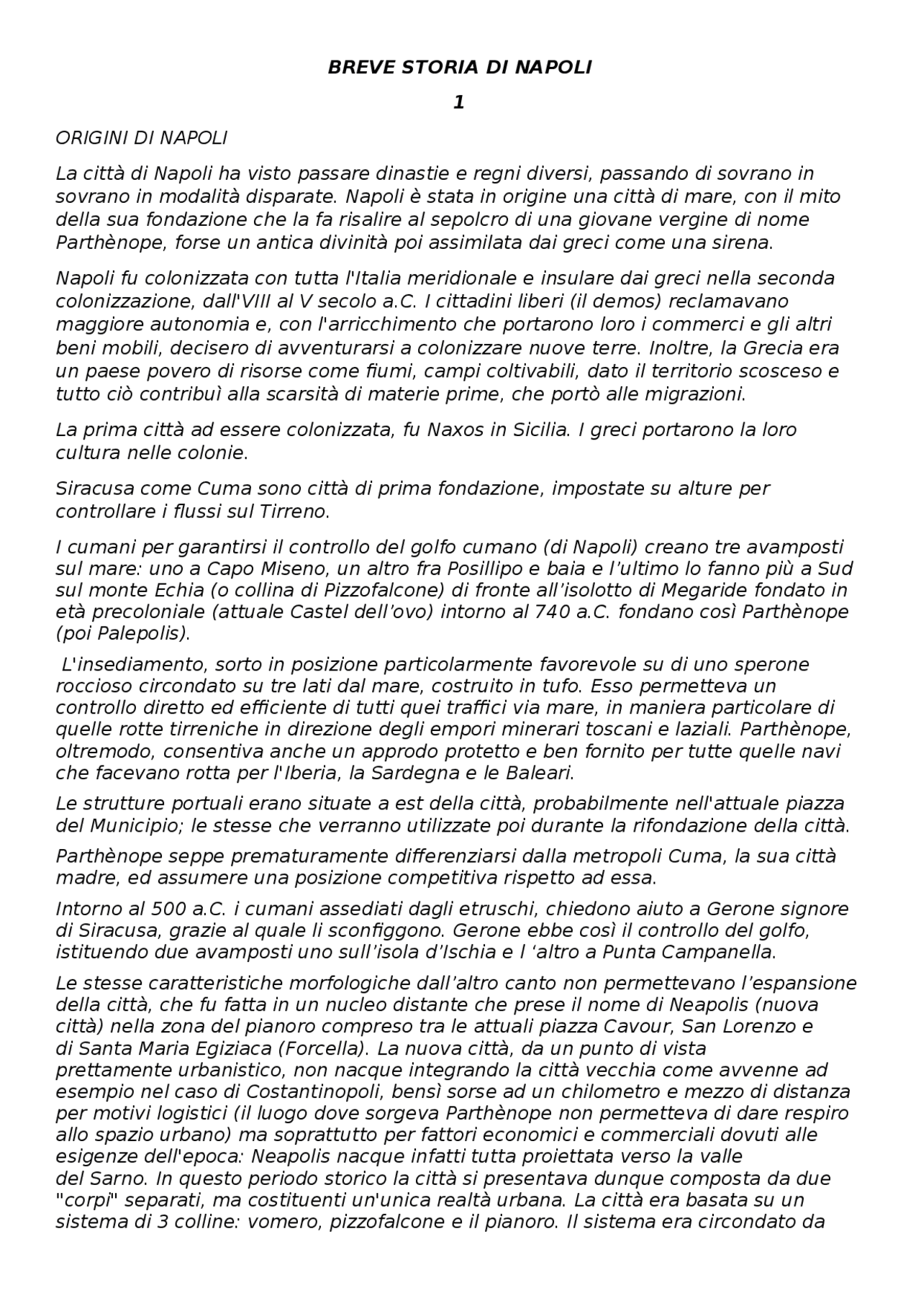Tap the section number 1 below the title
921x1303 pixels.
pyautogui.click(x=459, y=103)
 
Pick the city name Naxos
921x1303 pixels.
pyautogui.click(x=454, y=430)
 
